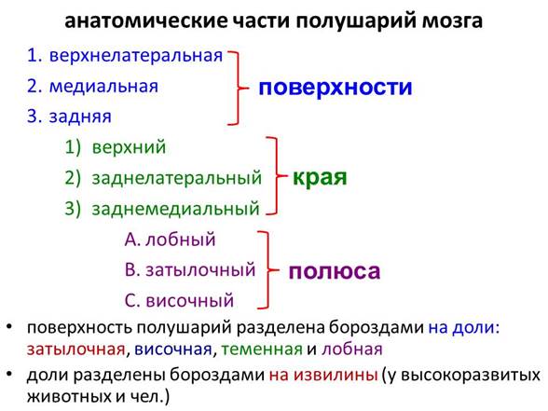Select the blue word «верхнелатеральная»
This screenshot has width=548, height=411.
pyautogui.click(x=136, y=56)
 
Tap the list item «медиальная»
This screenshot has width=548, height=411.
pyautogui.click(x=103, y=87)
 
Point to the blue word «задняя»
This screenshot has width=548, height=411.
pyautogui.click(x=80, y=116)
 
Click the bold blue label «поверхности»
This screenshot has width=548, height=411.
pyautogui.click(x=336, y=88)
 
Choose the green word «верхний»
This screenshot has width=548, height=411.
pyautogui.click(x=129, y=147)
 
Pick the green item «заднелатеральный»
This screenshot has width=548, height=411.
pyautogui.click(x=177, y=178)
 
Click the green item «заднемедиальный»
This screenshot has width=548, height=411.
pyautogui.click(x=175, y=209)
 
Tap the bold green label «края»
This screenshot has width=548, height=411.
pyautogui.click(x=320, y=178)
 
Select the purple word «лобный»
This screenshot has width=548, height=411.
pyautogui.click(x=181, y=240)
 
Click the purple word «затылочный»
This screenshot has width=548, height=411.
pyautogui.click(x=200, y=270)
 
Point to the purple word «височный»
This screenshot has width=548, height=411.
pyautogui.click(x=190, y=301)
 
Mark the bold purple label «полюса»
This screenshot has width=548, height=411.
pyautogui.click(x=335, y=271)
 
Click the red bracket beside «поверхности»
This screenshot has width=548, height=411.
pyautogui.click(x=239, y=88)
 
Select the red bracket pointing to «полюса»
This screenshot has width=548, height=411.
pyautogui.click(x=268, y=270)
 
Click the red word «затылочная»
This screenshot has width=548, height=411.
pyautogui.click(x=76, y=349)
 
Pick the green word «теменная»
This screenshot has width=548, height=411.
pyautogui.click(x=262, y=349)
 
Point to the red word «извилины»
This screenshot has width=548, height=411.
pyautogui.click(x=336, y=375)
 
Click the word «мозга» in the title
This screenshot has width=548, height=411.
pyautogui.click(x=452, y=21)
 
